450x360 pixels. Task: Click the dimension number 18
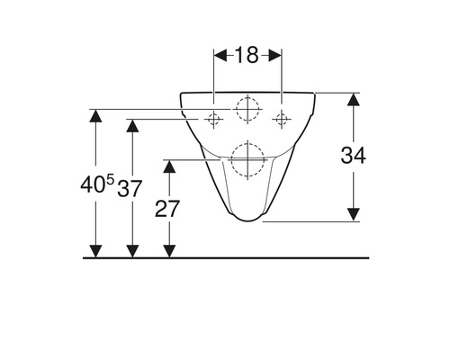point(247,56)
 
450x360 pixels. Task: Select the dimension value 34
point(354,156)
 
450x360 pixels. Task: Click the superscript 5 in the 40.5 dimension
point(111,181)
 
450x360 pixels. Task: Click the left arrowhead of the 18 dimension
point(219,56)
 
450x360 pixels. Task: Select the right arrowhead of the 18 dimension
point(276,56)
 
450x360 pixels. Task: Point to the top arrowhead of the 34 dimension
point(354,97)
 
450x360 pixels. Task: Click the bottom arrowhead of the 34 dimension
point(354,214)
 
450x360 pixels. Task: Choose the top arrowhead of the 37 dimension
point(132,123)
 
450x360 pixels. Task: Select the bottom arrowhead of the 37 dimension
point(132,251)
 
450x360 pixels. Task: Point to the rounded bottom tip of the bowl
point(247,219)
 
